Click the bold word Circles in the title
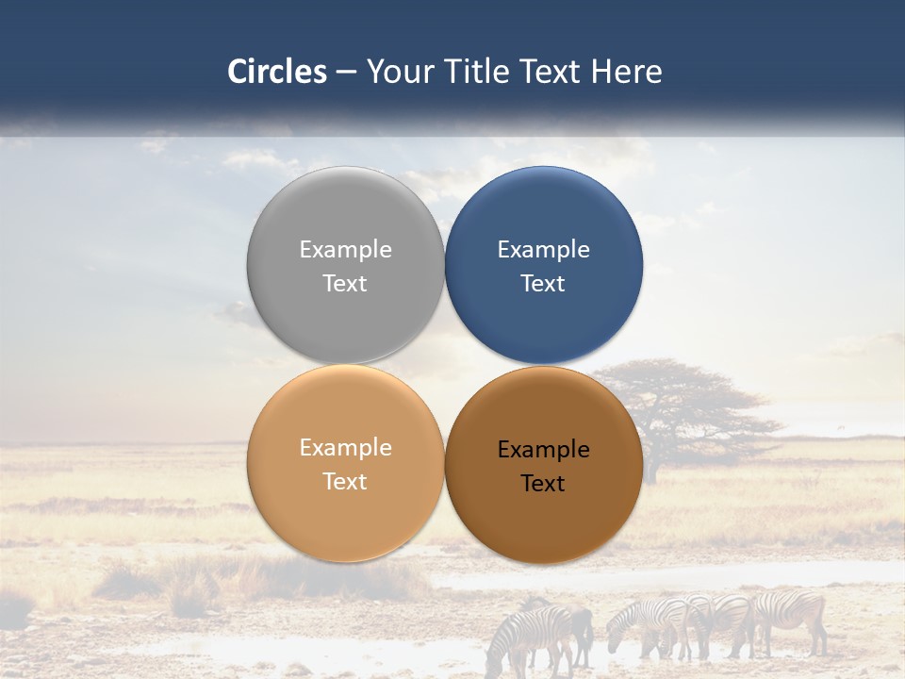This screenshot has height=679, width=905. [x=276, y=72]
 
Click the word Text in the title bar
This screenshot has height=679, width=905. [x=550, y=72]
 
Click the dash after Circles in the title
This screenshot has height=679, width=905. [x=346, y=73]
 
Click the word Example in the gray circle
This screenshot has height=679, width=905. [x=345, y=249]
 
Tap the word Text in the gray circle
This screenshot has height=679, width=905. [x=345, y=283]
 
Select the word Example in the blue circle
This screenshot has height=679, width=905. [x=543, y=249]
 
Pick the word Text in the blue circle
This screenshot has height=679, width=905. [x=543, y=283]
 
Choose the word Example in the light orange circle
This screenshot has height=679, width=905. [x=345, y=447]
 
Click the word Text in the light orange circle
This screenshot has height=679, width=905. [x=345, y=481]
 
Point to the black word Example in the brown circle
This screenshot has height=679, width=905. [x=543, y=449]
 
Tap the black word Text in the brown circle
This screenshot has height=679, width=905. [x=543, y=483]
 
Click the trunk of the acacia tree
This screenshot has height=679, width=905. [x=650, y=462]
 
